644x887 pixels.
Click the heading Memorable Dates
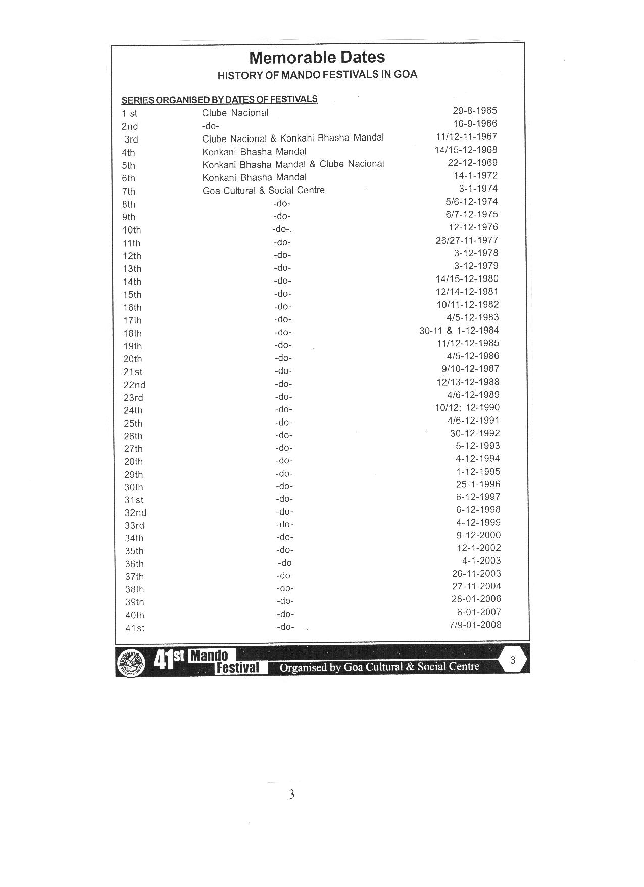(x=317, y=57)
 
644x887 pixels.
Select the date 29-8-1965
(x=475, y=111)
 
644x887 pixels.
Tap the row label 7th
(x=129, y=192)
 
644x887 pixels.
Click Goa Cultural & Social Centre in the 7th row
(x=263, y=191)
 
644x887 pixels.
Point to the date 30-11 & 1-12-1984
(x=459, y=331)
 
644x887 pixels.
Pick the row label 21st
(x=133, y=372)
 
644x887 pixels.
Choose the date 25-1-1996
(x=478, y=484)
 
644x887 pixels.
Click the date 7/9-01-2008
(x=475, y=625)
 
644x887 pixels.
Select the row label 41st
(x=135, y=628)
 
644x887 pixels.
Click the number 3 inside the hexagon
(x=513, y=660)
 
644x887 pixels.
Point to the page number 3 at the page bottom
(x=291, y=795)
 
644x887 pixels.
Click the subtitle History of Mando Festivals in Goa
(x=317, y=75)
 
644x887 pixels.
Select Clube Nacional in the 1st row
(x=235, y=113)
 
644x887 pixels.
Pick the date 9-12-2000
(x=478, y=535)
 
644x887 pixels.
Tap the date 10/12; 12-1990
(x=467, y=407)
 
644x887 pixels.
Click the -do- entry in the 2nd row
(x=210, y=126)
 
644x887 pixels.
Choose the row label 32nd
(x=135, y=512)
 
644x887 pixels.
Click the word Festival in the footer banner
(x=237, y=668)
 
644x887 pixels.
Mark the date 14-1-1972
(x=475, y=175)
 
